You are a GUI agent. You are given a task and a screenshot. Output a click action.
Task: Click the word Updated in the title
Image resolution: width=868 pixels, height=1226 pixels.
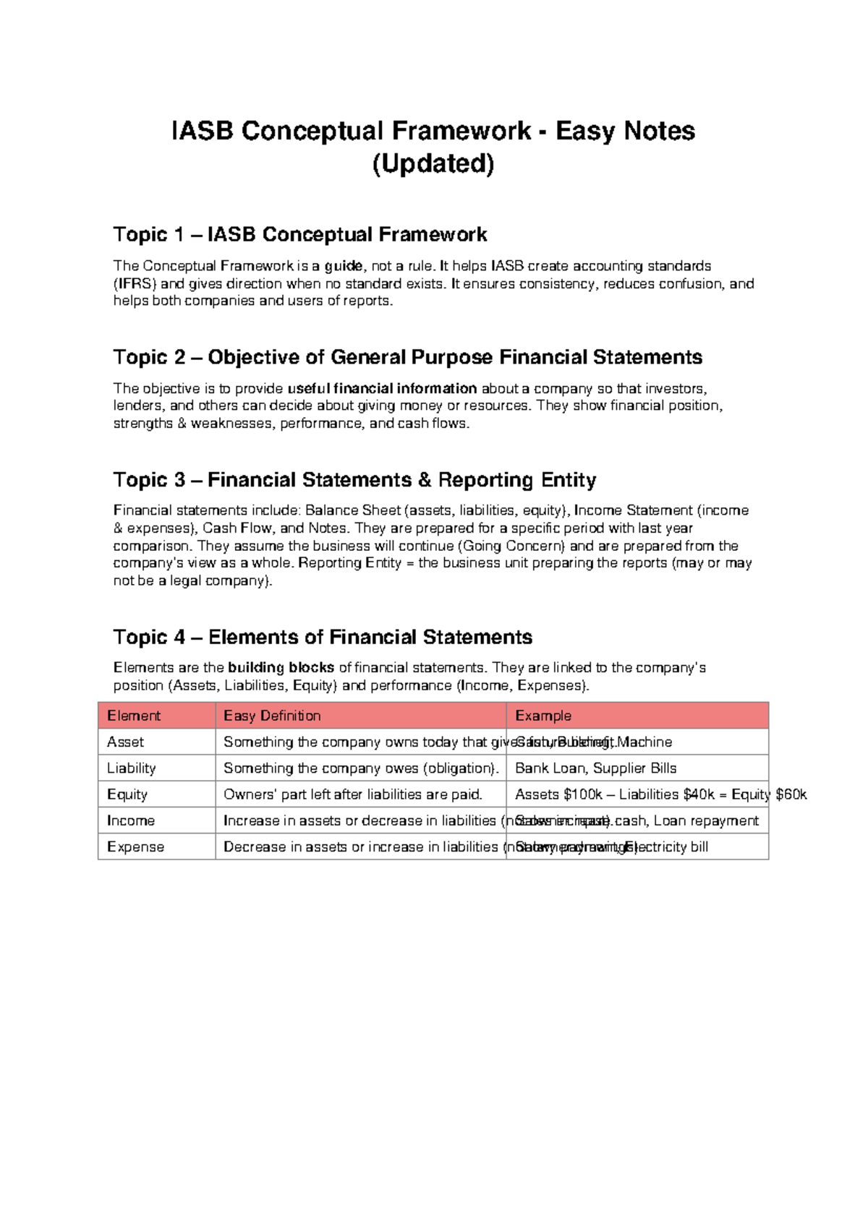point(433,164)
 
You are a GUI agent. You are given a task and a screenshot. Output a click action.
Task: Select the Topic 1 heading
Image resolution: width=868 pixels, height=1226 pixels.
point(299,234)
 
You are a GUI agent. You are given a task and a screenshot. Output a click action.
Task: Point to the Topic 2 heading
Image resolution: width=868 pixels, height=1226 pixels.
point(407,357)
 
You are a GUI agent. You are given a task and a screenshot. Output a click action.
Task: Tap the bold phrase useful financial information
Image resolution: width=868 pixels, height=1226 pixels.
point(382,389)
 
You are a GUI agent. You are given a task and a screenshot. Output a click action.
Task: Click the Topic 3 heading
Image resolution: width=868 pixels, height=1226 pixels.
point(354,480)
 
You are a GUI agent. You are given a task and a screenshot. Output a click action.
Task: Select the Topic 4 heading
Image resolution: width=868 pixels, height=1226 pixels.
point(323,637)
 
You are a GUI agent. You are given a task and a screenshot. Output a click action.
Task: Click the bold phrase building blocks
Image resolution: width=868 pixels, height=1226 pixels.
point(281,668)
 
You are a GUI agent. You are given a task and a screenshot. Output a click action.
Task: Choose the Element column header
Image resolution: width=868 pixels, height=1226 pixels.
point(134,716)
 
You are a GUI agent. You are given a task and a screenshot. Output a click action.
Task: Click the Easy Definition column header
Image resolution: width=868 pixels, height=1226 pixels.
point(272,716)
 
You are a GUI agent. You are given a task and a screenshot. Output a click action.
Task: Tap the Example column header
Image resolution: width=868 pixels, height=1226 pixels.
point(542,716)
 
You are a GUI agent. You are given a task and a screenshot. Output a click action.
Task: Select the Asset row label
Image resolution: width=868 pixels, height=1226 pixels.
point(125,742)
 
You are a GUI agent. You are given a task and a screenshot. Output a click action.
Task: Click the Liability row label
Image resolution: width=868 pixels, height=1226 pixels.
point(131,768)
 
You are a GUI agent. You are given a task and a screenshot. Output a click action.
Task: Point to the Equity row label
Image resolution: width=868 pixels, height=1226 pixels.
point(127,794)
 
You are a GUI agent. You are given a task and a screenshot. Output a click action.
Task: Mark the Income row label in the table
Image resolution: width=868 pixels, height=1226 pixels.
point(130,820)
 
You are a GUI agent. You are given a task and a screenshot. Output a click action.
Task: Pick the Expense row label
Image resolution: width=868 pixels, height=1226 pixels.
point(135,846)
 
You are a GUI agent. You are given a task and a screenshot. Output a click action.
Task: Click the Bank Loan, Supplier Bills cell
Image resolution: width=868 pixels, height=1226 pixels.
point(595,768)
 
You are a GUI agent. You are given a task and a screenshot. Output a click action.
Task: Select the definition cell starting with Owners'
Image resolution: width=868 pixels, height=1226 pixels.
point(352,794)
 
